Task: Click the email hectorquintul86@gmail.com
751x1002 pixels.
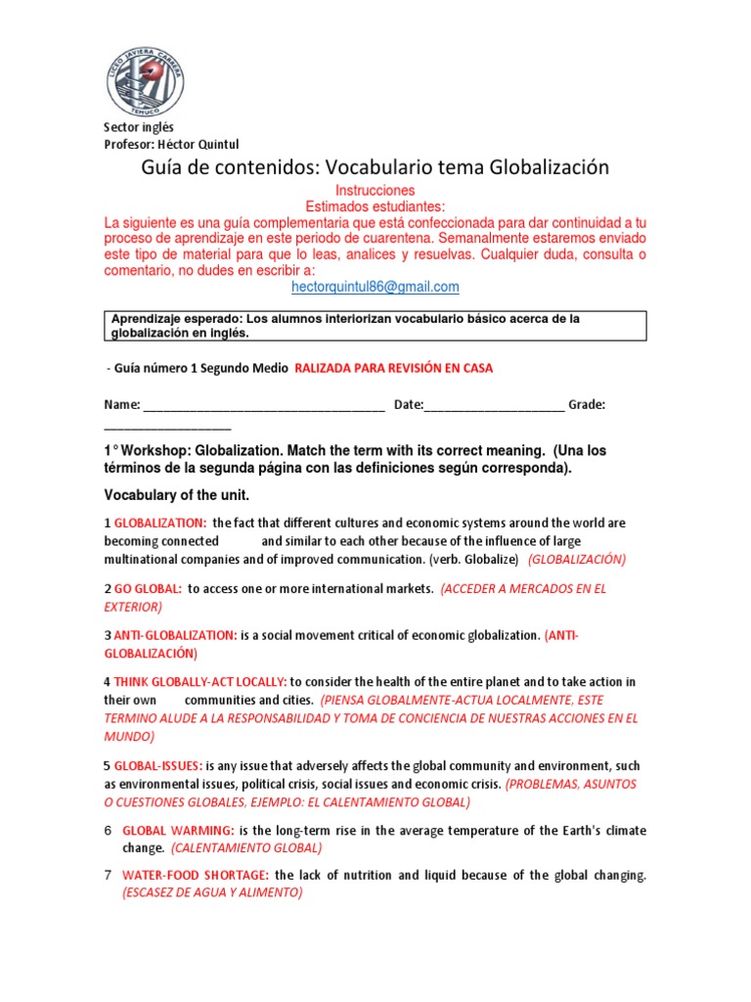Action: [375, 287]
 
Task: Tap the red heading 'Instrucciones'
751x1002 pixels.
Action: [375, 190]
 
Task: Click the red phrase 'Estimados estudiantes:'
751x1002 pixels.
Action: [375, 206]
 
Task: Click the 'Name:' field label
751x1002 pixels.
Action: [122, 404]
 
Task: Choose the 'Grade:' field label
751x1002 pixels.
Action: [587, 404]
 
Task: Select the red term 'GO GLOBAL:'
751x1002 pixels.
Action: [148, 589]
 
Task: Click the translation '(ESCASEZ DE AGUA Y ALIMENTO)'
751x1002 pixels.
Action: [212, 892]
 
